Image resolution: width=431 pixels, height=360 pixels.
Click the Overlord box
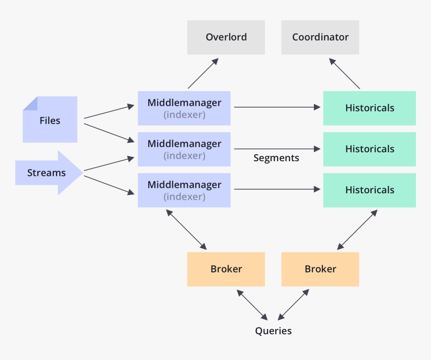click(226, 37)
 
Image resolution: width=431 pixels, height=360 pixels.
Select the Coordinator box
click(320, 37)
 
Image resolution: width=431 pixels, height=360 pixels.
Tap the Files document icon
click(50, 120)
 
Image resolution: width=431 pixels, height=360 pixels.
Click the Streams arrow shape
click(48, 173)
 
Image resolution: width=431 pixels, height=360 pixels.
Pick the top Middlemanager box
click(184, 108)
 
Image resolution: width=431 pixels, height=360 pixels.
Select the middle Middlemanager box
click(184, 149)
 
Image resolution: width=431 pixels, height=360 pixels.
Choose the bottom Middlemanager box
click(184, 190)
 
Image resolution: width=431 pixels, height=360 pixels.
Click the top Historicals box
click(369, 108)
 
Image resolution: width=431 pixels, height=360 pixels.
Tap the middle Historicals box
click(369, 149)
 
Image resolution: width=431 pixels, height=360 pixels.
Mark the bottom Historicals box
click(369, 190)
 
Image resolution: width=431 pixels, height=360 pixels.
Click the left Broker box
click(226, 269)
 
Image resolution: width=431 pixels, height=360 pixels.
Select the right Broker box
click(320, 269)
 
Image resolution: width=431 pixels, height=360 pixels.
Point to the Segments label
click(276, 158)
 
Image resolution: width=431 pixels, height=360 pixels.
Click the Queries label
click(273, 331)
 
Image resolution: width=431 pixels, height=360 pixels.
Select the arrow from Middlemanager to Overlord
click(203, 74)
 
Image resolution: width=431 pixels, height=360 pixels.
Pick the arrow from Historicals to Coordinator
click(344, 74)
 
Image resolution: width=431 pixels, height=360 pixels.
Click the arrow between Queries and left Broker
click(253, 304)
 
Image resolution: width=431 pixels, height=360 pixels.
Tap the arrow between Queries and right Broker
click(294, 304)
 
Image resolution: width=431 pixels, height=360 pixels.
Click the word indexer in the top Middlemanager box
click(184, 115)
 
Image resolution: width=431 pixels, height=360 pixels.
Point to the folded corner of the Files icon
click(30, 103)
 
